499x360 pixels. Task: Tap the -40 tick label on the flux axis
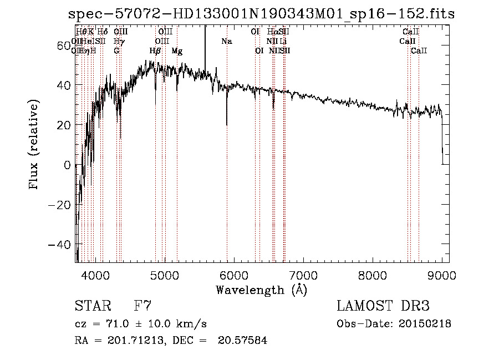60,245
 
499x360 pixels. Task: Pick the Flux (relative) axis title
35,145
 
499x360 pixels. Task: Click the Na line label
226,42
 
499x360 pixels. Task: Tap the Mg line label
177,51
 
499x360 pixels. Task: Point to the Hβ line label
155,51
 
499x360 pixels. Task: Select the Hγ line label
119,42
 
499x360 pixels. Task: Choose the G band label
116,51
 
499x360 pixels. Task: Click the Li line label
283,42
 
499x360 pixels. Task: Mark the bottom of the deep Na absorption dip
226,125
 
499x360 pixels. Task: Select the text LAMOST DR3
383,306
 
